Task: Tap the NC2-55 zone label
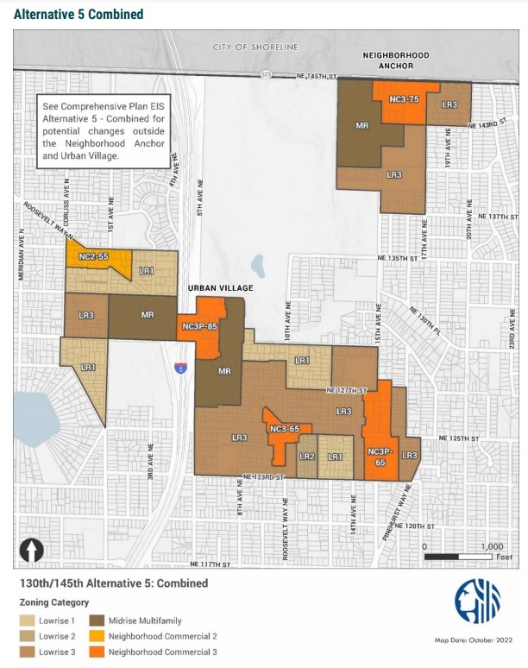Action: tap(92, 257)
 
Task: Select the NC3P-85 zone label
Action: tap(199, 327)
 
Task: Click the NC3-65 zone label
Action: tap(284, 429)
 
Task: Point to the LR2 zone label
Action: tap(307, 457)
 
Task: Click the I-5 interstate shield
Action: tap(180, 368)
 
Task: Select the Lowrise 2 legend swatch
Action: tap(28, 636)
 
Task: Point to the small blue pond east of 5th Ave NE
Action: tap(257, 263)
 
